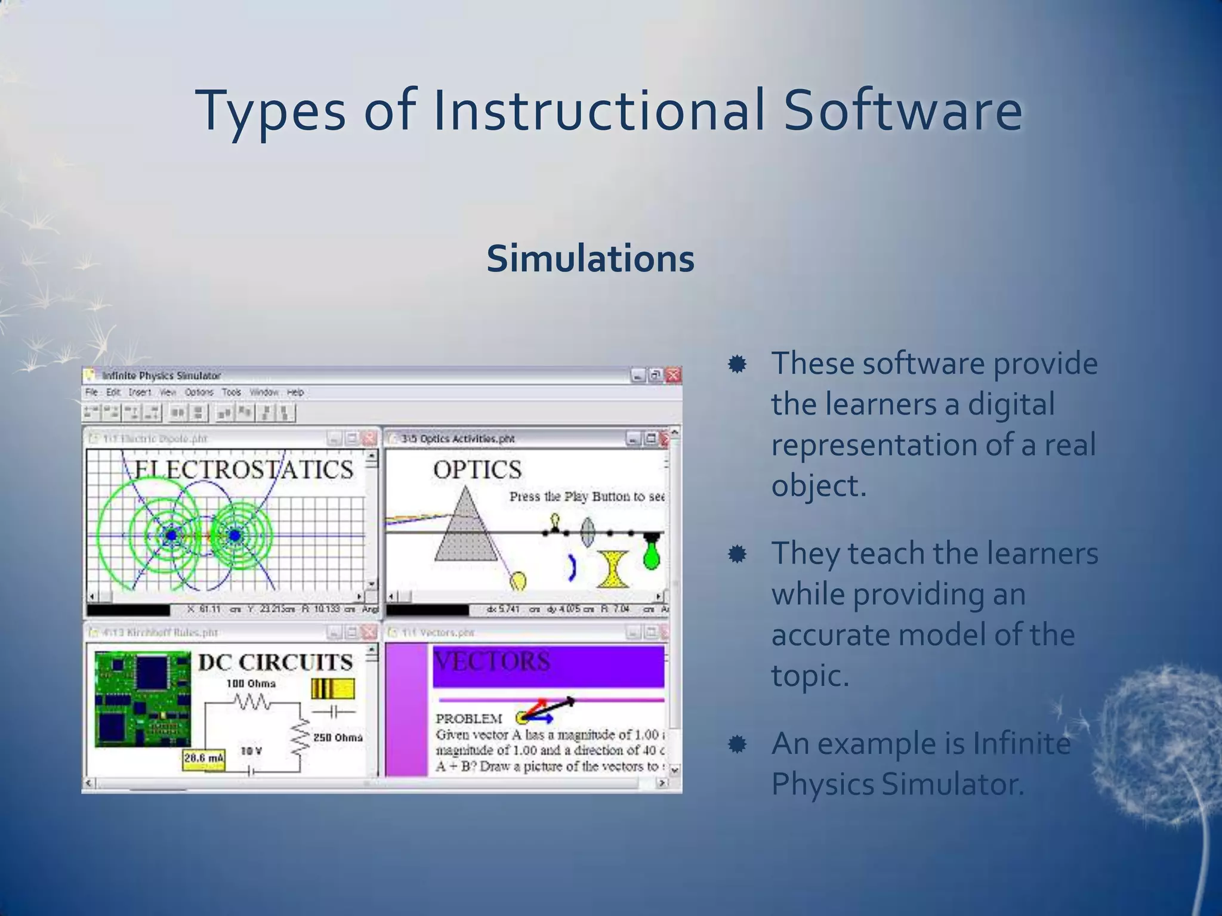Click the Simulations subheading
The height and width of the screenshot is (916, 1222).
click(590, 259)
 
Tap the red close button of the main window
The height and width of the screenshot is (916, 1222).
click(673, 375)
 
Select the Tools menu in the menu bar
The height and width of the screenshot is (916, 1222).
click(231, 392)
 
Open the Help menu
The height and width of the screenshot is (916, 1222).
click(295, 392)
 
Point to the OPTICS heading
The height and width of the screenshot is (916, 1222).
click(477, 470)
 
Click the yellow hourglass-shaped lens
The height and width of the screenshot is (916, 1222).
click(613, 570)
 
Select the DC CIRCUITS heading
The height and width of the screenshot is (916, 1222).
click(275, 662)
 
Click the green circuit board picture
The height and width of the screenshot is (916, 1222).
click(143, 698)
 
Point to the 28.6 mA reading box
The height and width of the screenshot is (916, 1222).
click(203, 759)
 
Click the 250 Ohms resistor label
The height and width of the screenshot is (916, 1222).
click(338, 738)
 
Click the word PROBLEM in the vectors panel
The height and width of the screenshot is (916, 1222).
click(468, 719)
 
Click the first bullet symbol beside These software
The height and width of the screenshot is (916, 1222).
click(737, 364)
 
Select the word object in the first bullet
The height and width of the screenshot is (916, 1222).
click(818, 485)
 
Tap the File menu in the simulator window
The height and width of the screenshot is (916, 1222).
click(91, 392)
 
